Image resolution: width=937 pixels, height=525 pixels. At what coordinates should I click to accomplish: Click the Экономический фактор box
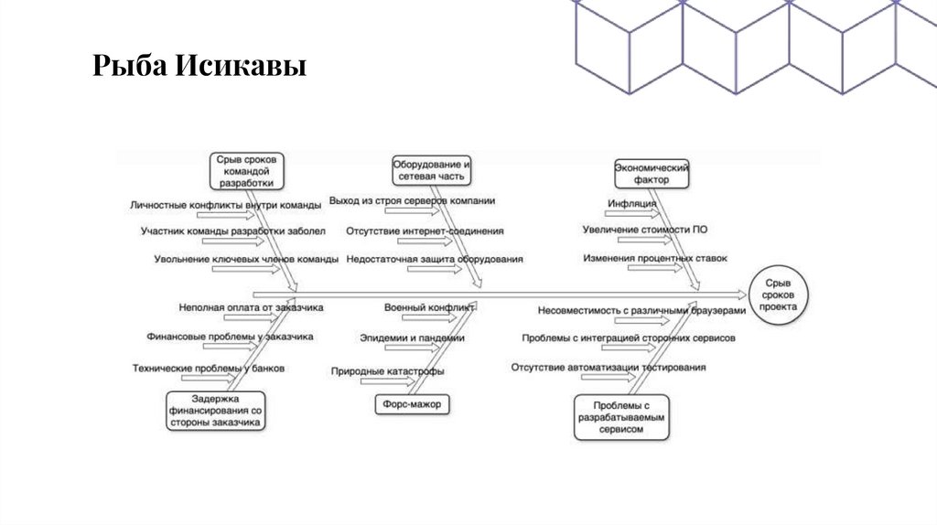pyautogui.click(x=651, y=174)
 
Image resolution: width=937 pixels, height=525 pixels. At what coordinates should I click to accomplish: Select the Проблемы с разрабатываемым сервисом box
pyautogui.click(x=619, y=416)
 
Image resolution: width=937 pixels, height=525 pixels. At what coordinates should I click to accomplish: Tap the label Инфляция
pyautogui.click(x=631, y=203)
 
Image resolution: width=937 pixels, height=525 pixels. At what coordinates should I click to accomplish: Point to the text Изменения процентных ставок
pyautogui.click(x=655, y=259)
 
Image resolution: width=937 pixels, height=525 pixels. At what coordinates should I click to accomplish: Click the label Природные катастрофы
pyautogui.click(x=389, y=371)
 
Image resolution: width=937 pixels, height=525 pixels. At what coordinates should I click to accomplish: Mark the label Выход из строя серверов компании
pyautogui.click(x=412, y=199)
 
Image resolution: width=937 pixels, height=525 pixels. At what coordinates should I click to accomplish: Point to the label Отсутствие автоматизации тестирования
pyautogui.click(x=609, y=368)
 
